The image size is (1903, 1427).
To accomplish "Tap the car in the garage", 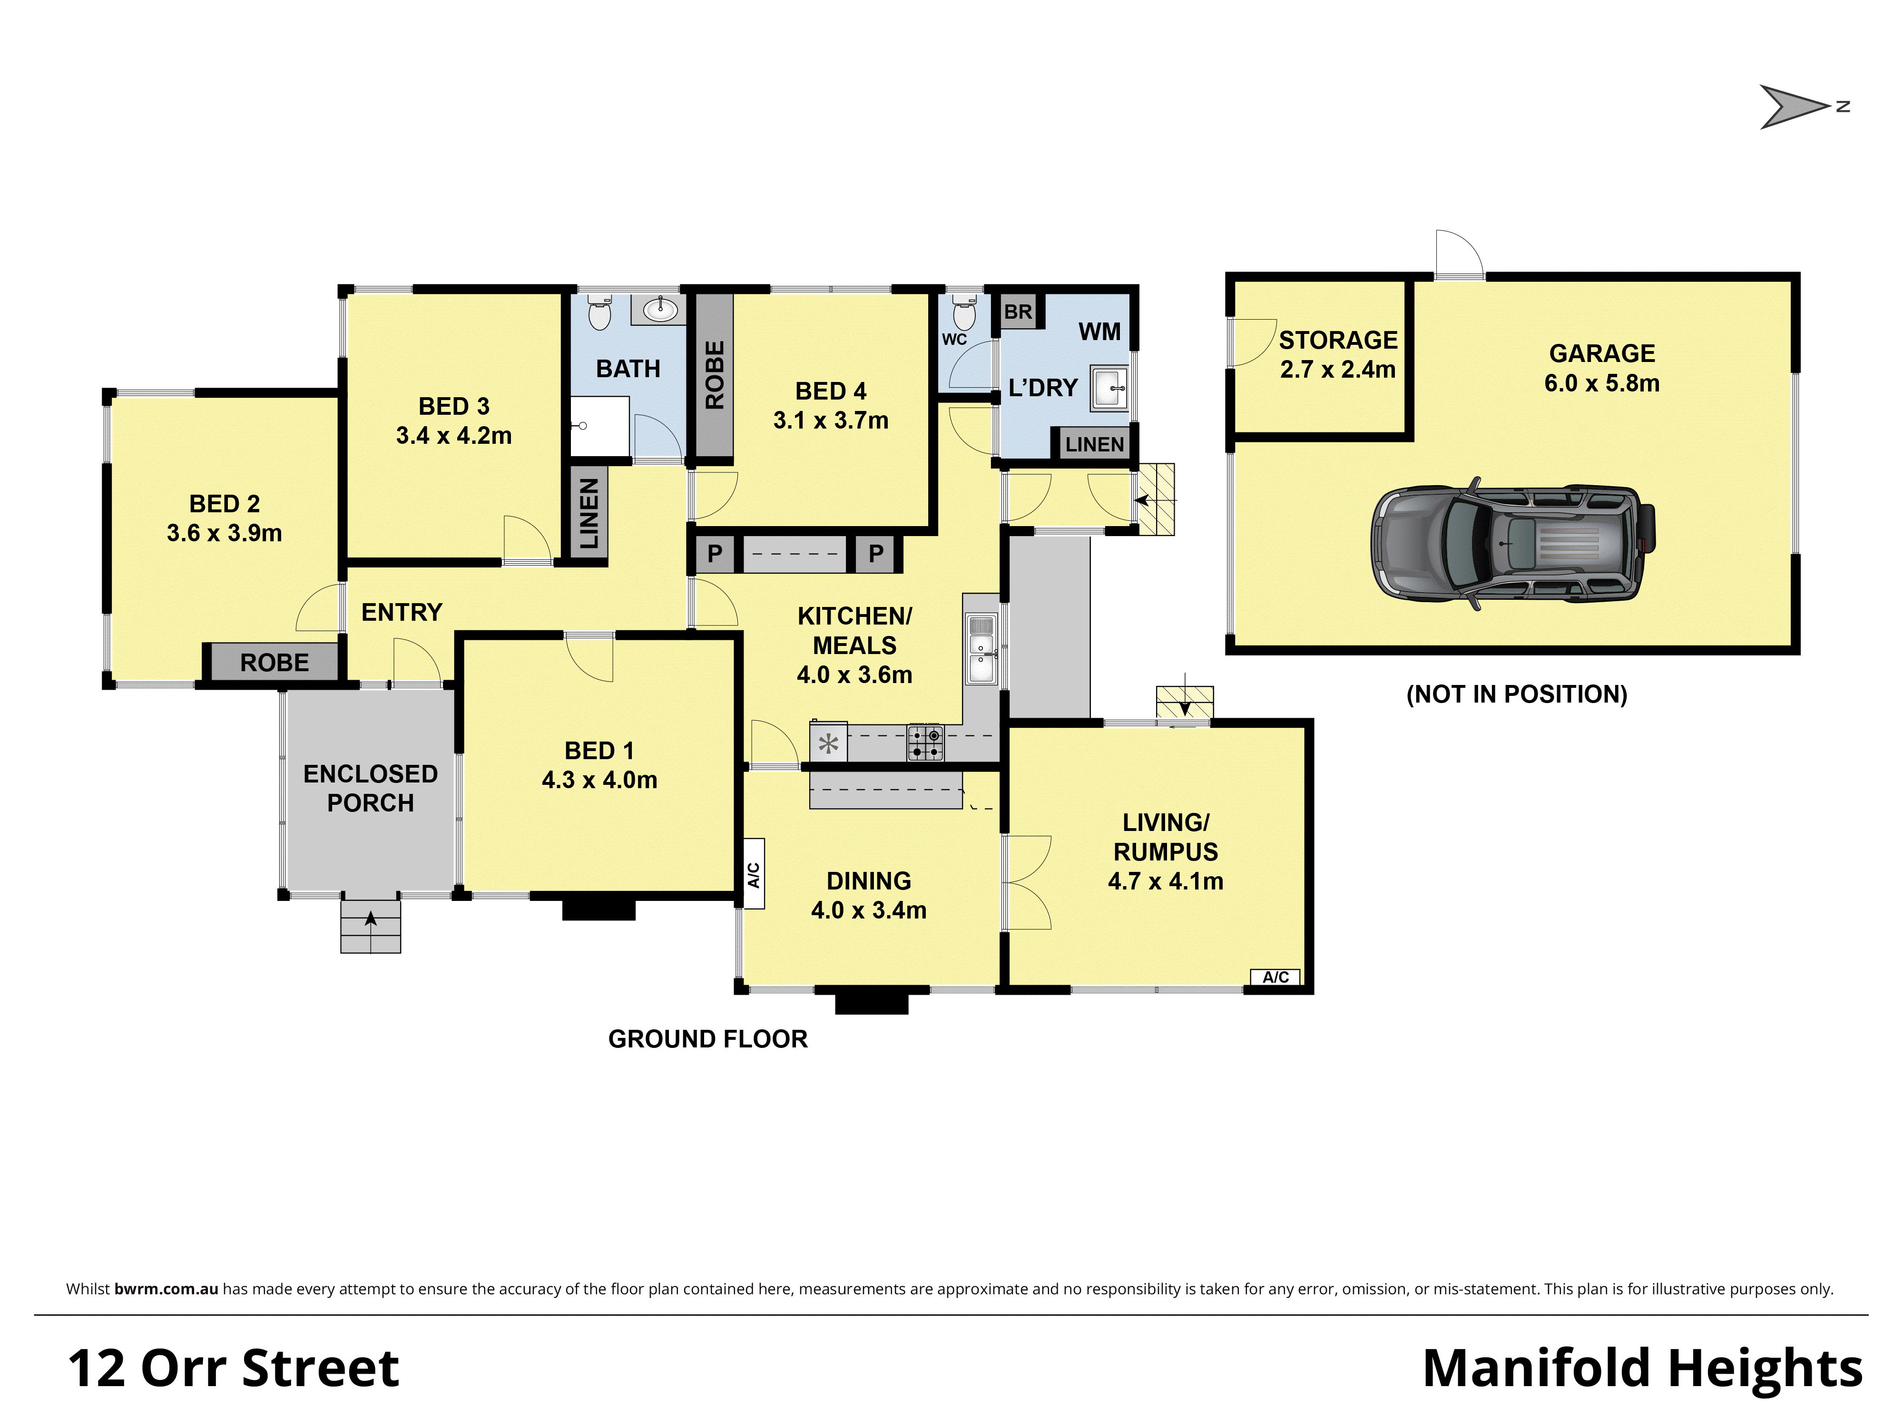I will click(1511, 544).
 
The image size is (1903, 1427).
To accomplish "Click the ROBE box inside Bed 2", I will click(274, 662).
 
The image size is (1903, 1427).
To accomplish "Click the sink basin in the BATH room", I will click(660, 309).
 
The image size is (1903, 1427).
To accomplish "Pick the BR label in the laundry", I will click(1018, 312).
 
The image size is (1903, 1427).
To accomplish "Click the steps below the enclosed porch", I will click(371, 926).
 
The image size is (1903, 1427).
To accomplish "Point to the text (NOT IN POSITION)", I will click(1516, 694).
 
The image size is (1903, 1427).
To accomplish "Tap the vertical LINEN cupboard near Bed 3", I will click(589, 514).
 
